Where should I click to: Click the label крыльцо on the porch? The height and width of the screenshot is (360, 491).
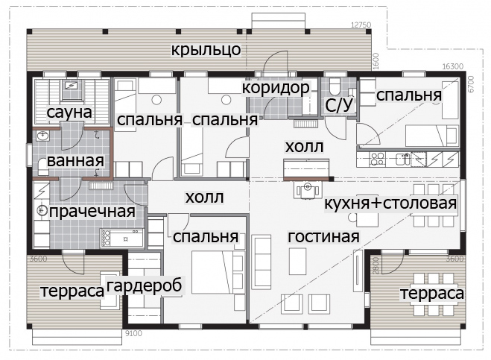coord(206,50)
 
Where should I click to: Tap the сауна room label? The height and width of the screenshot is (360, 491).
coord(69,112)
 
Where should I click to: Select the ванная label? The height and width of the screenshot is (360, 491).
coord(75,161)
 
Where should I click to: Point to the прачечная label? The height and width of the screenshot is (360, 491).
coord(92,212)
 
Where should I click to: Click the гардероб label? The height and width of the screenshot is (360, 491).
coord(144,285)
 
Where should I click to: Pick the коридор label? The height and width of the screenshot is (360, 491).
coord(276,88)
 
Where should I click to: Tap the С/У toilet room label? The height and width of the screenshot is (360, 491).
coord(339,105)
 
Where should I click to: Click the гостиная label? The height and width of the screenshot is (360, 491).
coord(323,236)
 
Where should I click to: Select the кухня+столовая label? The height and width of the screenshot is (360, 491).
coord(390,203)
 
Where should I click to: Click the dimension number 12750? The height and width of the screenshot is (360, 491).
coord(361,25)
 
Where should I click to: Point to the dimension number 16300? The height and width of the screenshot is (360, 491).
coord(453,66)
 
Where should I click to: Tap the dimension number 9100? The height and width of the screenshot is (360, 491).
coord(133,333)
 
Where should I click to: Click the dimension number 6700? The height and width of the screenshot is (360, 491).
coord(472,84)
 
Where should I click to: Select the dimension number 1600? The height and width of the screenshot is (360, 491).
coord(376,61)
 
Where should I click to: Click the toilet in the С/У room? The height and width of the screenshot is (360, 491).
coord(334,86)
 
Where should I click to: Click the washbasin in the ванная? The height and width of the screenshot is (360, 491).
coord(43,136)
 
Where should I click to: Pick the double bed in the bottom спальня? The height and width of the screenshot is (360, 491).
coord(218,272)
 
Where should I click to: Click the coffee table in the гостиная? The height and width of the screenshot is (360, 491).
coord(297,261)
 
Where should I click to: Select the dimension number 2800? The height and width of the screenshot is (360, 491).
coord(376,265)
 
